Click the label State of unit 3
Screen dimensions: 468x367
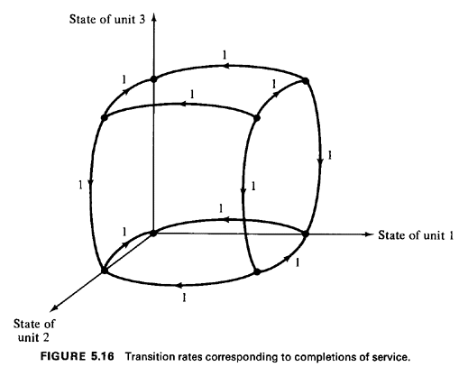pyautogui.click(x=107, y=19)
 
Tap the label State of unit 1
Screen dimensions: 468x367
pyautogui.click(x=416, y=235)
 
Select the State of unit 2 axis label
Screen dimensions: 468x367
pyautogui.click(x=34, y=330)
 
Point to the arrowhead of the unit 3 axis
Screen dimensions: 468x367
pyautogui.click(x=154, y=16)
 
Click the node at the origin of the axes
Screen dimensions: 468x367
pyautogui.click(x=153, y=233)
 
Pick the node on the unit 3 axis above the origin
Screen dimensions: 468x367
pyautogui.click(x=153, y=79)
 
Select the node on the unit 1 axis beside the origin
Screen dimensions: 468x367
pyautogui.click(x=306, y=234)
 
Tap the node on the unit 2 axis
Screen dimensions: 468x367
pyautogui.click(x=105, y=271)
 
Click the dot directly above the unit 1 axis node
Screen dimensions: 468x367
pyautogui.click(x=306, y=81)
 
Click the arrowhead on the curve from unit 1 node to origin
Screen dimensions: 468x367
pyautogui.click(x=229, y=220)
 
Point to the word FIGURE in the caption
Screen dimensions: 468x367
pyautogui.click(x=62, y=356)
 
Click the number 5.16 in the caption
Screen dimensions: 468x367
pyautogui.click(x=102, y=356)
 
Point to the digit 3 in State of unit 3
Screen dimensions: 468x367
pyautogui.click(x=142, y=19)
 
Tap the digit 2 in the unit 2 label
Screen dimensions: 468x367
pyautogui.click(x=45, y=337)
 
